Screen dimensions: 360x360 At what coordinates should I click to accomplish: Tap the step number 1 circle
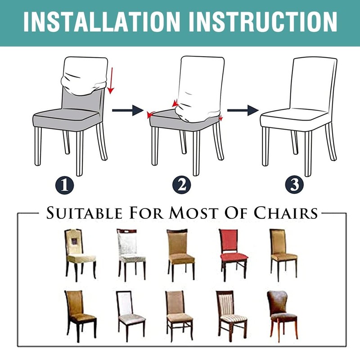pyautogui.click(x=65, y=185)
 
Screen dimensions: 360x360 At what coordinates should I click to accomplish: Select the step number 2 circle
pyautogui.click(x=182, y=185)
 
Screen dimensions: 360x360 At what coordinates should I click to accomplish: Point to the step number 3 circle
pyautogui.click(x=295, y=185)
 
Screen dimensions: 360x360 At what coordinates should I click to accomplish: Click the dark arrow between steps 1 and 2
pyautogui.click(x=128, y=110)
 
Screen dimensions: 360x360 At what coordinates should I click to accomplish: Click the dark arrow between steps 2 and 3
pyautogui.click(x=243, y=110)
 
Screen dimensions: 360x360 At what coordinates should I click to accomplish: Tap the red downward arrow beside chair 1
pyautogui.click(x=111, y=81)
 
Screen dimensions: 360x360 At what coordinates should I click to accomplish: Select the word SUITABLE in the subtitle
pyautogui.click(x=84, y=213)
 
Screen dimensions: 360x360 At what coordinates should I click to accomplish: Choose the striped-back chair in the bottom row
pyautogui.click(x=232, y=316)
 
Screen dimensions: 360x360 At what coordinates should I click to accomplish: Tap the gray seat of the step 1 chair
pyautogui.click(x=67, y=117)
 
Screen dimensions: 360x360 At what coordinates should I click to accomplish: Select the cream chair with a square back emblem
pyautogui.click(x=81, y=255)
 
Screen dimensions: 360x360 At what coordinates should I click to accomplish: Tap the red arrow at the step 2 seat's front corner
pyautogui.click(x=150, y=114)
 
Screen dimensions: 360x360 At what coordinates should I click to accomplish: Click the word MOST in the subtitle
pyautogui.click(x=194, y=213)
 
